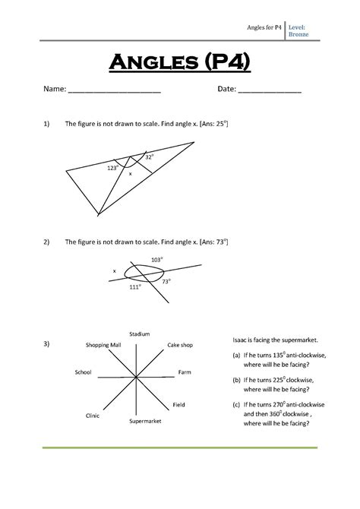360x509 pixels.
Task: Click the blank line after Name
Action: point(115,91)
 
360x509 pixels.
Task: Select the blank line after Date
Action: point(270,91)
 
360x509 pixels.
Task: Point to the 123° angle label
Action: point(112,167)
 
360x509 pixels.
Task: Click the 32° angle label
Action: point(150,156)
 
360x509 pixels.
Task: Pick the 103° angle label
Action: point(156,260)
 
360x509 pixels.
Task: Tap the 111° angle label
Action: point(134,287)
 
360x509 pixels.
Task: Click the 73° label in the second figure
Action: point(166,281)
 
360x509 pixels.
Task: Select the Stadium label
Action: point(140,334)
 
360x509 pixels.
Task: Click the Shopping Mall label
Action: point(103,345)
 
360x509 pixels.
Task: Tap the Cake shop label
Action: point(180,345)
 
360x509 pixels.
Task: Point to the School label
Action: point(84,372)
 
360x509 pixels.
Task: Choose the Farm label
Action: point(185,372)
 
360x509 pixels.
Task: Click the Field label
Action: point(179,405)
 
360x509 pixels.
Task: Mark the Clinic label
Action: point(93,416)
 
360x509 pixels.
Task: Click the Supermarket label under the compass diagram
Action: point(144,421)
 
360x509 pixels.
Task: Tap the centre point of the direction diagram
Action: point(135,378)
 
